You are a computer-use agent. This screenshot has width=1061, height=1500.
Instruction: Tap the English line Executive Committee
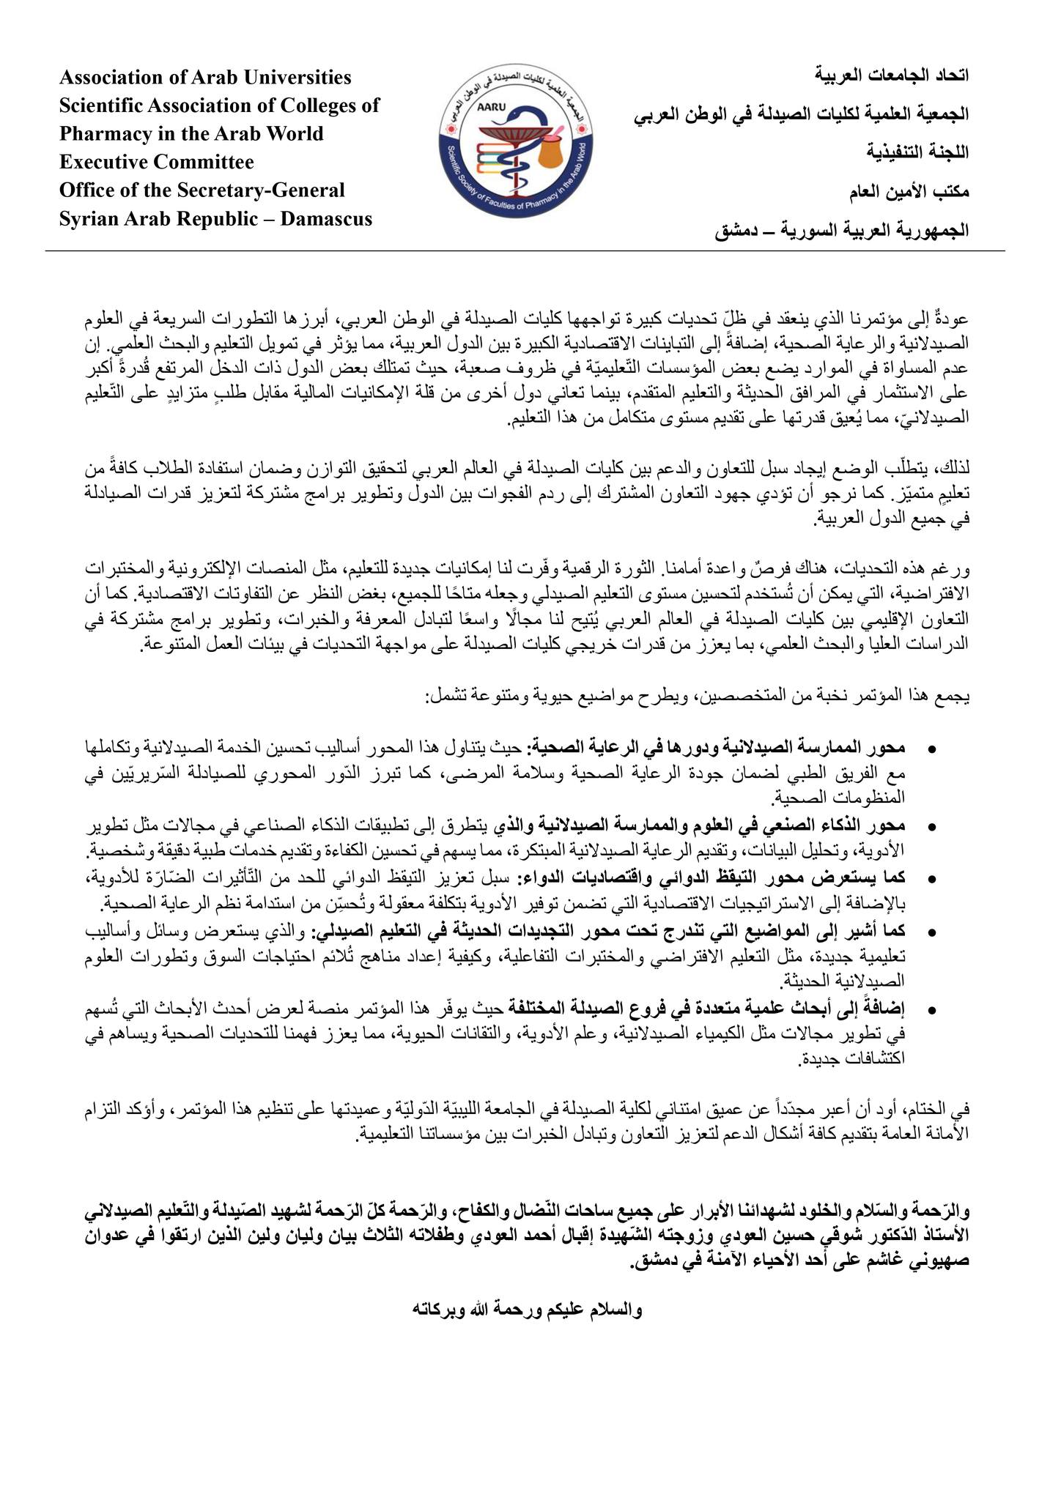(157, 162)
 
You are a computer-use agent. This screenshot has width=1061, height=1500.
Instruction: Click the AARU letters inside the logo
(488, 105)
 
